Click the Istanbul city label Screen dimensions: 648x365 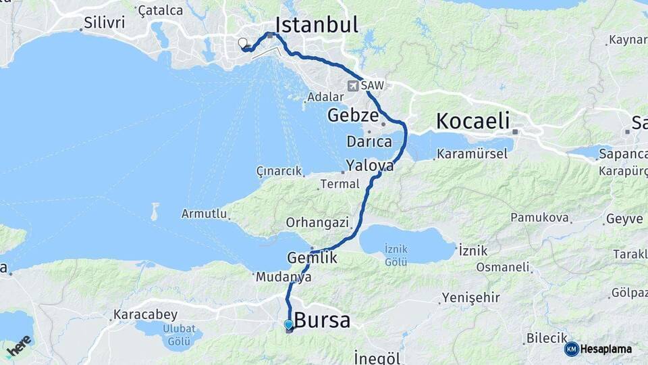(x=316, y=26)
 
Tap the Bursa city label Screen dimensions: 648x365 (x=323, y=320)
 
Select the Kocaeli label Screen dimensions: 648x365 (x=472, y=121)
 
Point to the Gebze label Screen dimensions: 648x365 (x=352, y=115)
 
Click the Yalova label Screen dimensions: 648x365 (x=369, y=165)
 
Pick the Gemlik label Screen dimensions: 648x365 (x=312, y=258)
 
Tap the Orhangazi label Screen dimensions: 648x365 (x=317, y=222)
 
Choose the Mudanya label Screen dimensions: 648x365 (x=283, y=277)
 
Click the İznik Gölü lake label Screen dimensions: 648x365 (x=396, y=255)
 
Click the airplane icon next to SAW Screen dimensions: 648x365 (x=353, y=86)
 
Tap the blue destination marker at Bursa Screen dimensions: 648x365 (x=289, y=325)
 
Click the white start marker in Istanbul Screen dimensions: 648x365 (x=243, y=43)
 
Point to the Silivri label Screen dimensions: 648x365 (x=105, y=22)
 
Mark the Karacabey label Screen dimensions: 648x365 (x=145, y=314)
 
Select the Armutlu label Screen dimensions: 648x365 (x=203, y=214)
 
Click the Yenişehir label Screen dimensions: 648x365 (x=470, y=297)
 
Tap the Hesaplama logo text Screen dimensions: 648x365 (x=605, y=349)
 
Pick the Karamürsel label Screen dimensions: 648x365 (x=472, y=154)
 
